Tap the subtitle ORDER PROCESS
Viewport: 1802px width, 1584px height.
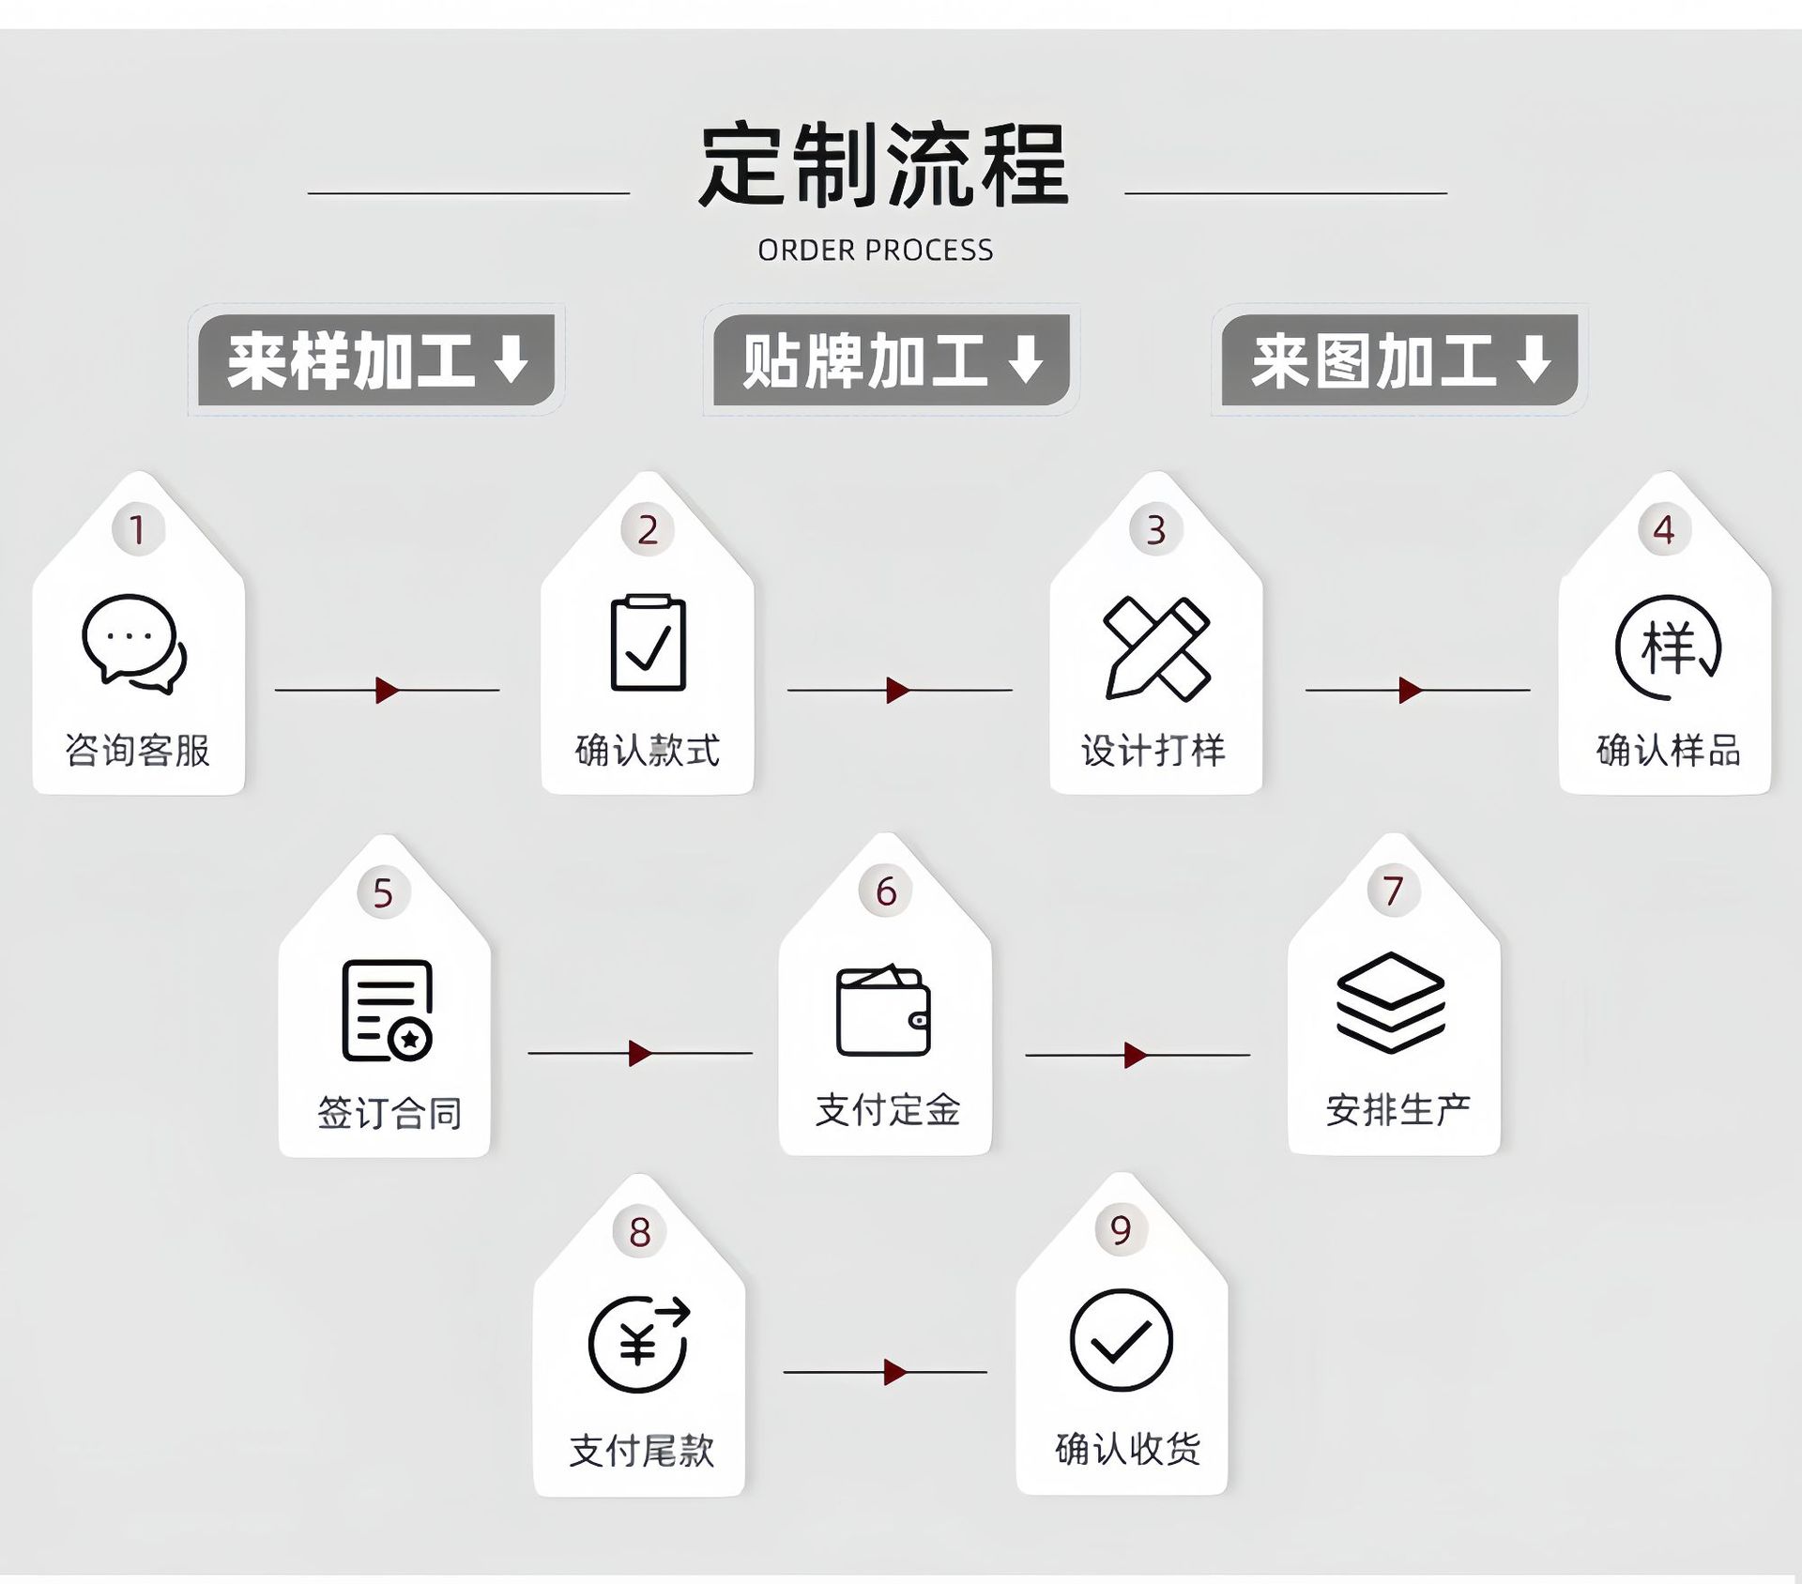[x=875, y=251]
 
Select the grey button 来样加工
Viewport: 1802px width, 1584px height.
[x=376, y=360]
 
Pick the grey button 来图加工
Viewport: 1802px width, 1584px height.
[x=1399, y=360]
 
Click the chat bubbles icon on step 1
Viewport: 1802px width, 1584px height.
[x=134, y=644]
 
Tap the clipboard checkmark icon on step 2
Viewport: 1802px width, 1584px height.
[x=648, y=644]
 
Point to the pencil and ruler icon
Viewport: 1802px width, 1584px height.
[x=1157, y=647]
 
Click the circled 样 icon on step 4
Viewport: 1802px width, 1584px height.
[x=1668, y=647]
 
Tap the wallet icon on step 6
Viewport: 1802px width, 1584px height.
[x=883, y=1011]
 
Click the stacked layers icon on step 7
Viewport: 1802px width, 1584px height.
[x=1390, y=1002]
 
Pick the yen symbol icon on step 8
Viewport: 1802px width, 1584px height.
[x=639, y=1344]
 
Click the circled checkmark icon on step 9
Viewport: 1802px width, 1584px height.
[x=1121, y=1340]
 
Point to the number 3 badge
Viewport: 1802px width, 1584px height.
[x=1156, y=530]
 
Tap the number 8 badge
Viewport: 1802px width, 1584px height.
[x=640, y=1232]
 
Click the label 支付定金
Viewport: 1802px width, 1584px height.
[x=887, y=1110]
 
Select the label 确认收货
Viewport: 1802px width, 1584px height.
[x=1127, y=1449]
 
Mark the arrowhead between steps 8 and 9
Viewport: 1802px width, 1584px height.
[x=895, y=1372]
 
